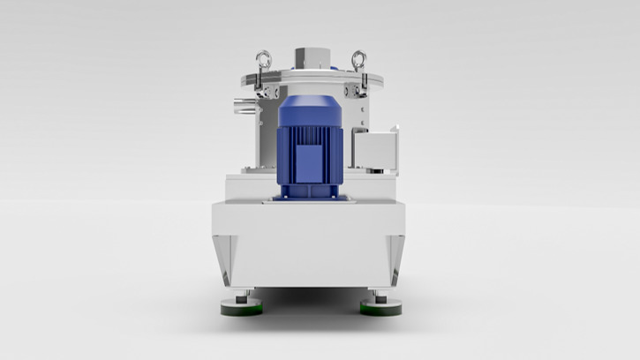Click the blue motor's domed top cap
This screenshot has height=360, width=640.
310,108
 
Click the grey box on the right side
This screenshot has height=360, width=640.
374,146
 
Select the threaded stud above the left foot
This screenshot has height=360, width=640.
245,296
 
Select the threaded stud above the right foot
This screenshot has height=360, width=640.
380,296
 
